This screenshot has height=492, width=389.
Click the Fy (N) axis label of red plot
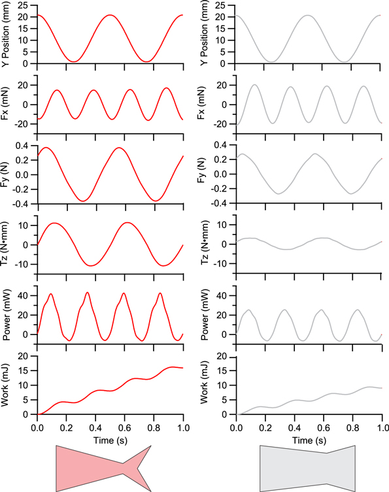click(7, 175)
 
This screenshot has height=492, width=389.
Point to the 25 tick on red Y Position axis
click(25, 5)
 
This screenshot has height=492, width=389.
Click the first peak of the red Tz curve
click(56, 223)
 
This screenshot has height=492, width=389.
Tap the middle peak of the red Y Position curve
click(110, 15)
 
